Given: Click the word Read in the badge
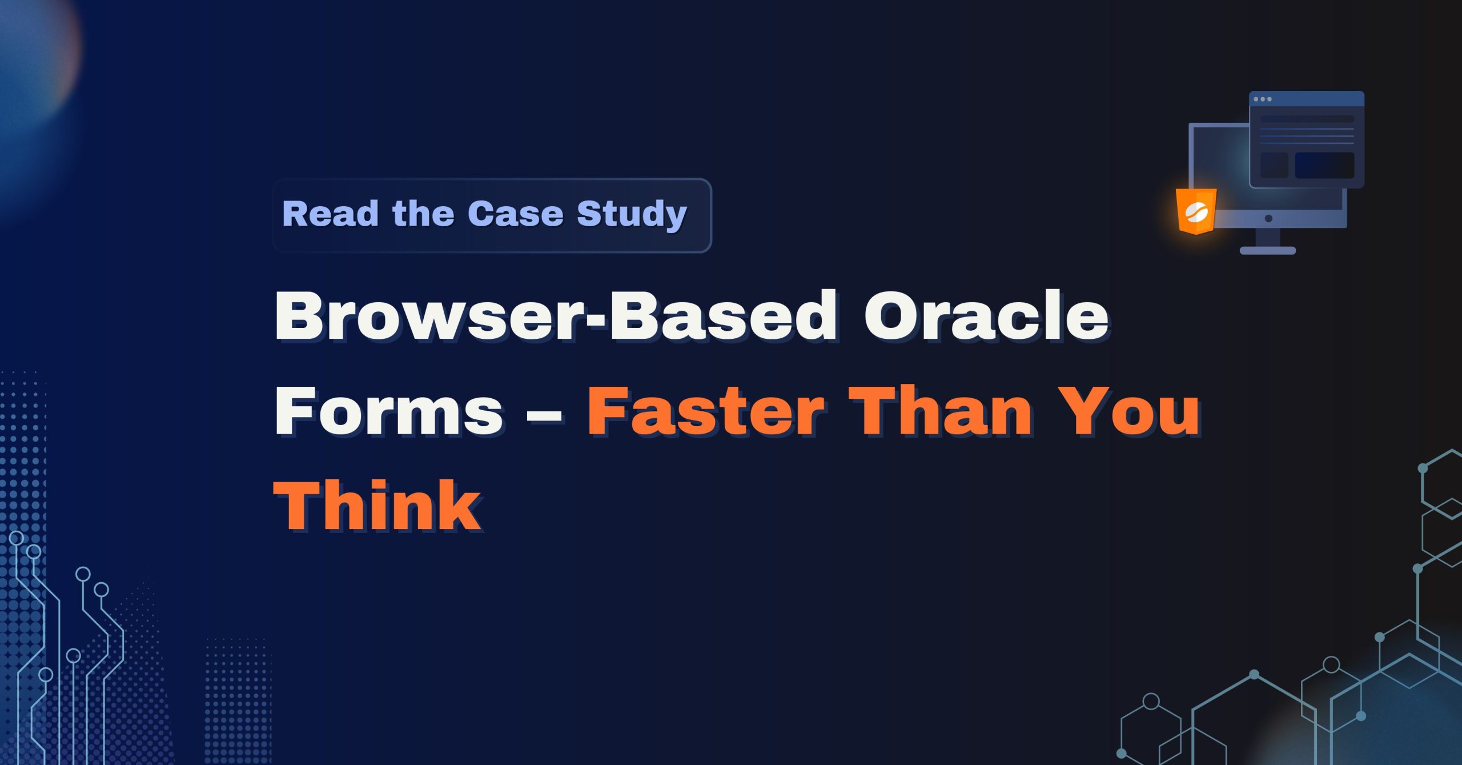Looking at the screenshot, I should click(330, 214).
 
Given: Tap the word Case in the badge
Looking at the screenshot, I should click(515, 214).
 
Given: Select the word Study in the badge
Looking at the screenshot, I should click(631, 214).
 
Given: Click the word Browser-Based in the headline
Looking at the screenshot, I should click(555, 315).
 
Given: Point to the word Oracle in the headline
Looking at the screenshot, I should click(986, 315).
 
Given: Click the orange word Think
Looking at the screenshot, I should click(377, 506).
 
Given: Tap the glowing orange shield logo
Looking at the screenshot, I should click(1196, 211).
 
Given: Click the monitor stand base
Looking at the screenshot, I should click(1267, 250).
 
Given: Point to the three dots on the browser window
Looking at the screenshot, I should click(1262, 99).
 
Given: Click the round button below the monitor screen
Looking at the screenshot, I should click(1268, 218).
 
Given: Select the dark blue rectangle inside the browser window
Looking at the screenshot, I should click(1324, 165).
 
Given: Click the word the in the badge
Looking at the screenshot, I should click(423, 214).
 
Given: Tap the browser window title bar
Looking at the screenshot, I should click(1314, 99).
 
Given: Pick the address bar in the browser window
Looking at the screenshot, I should click(1307, 119).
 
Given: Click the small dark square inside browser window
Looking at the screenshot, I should click(1274, 165).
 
